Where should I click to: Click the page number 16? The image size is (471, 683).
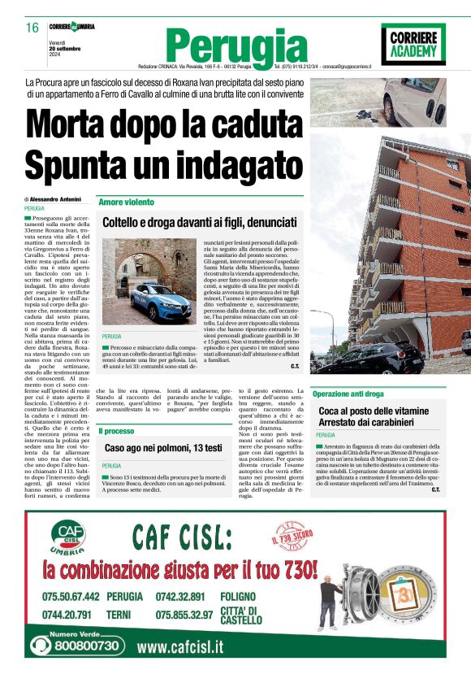point(32,27)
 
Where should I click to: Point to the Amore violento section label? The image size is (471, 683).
point(126,202)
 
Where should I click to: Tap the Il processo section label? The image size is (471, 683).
point(118,431)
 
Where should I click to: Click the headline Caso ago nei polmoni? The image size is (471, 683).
point(163,448)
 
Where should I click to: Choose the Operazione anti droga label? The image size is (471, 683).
point(348,394)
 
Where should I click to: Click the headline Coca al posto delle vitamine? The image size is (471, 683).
point(374,412)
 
